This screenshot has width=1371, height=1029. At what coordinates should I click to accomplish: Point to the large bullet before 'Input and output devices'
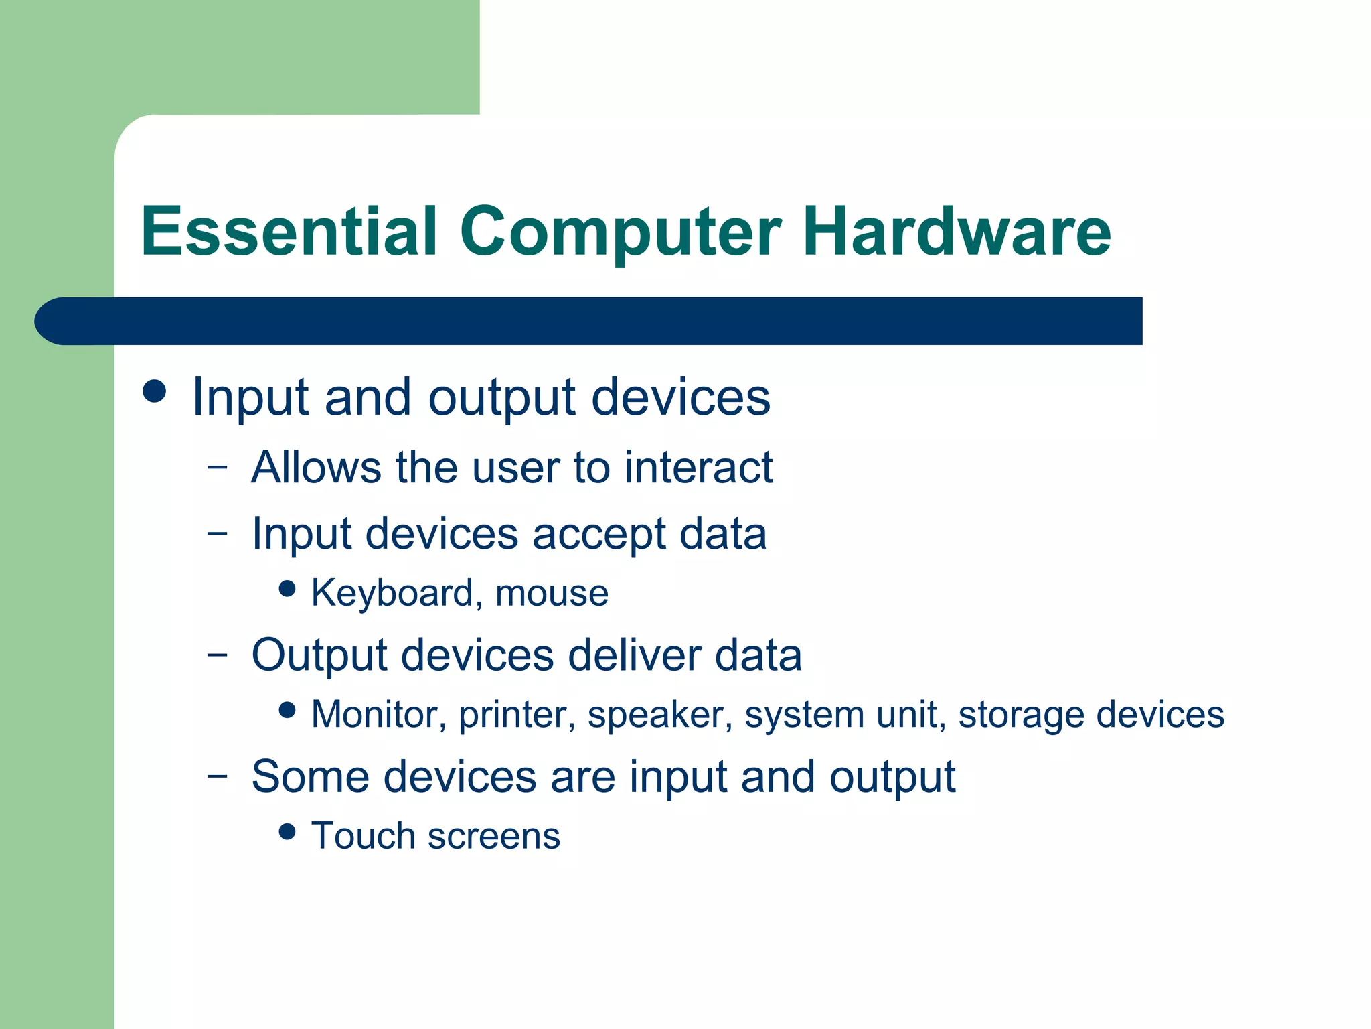(155, 391)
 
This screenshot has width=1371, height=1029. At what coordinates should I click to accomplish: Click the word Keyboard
(392, 594)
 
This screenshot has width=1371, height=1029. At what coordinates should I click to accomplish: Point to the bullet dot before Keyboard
(287, 588)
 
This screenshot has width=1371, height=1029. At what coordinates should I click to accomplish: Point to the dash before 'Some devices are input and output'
(217, 775)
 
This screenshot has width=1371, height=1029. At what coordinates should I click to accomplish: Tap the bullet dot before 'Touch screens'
(287, 831)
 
